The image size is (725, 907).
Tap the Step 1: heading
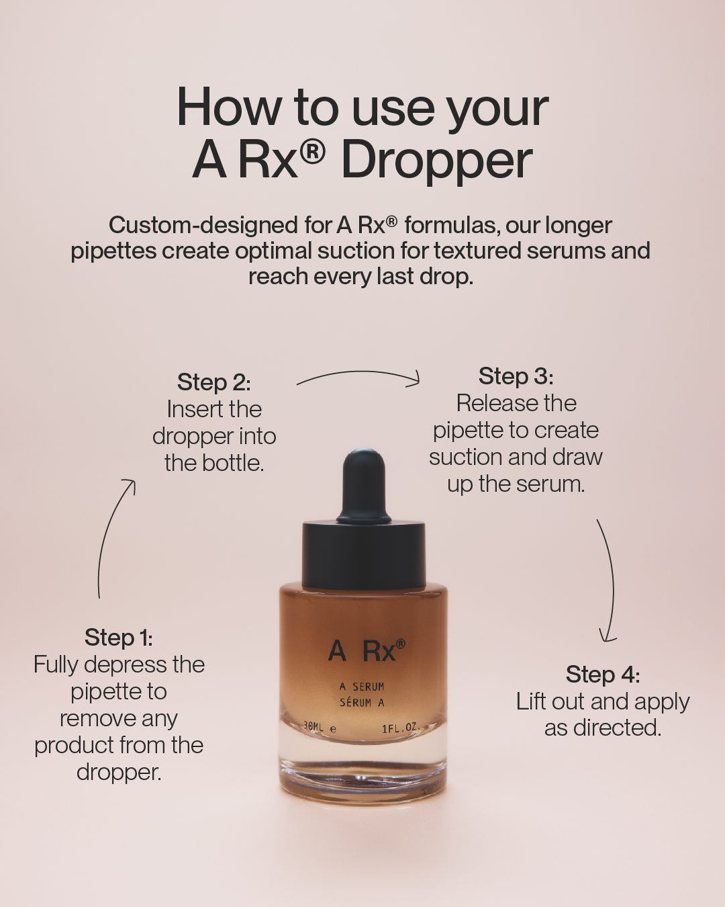tap(119, 638)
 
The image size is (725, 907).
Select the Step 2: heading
tap(214, 382)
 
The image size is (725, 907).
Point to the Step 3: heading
tap(516, 376)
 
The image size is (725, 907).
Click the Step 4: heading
tap(603, 675)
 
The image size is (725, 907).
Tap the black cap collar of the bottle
tap(364, 556)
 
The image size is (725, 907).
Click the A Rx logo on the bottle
tap(367, 650)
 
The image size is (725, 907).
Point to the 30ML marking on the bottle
tap(314, 727)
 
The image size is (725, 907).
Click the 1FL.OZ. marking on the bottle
tap(401, 728)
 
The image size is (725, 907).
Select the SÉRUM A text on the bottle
tap(362, 702)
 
